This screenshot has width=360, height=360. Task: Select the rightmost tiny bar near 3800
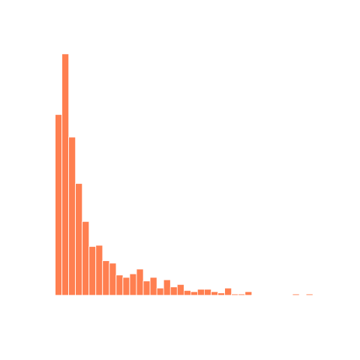[309, 294]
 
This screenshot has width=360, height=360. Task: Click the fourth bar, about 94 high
[79, 239]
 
